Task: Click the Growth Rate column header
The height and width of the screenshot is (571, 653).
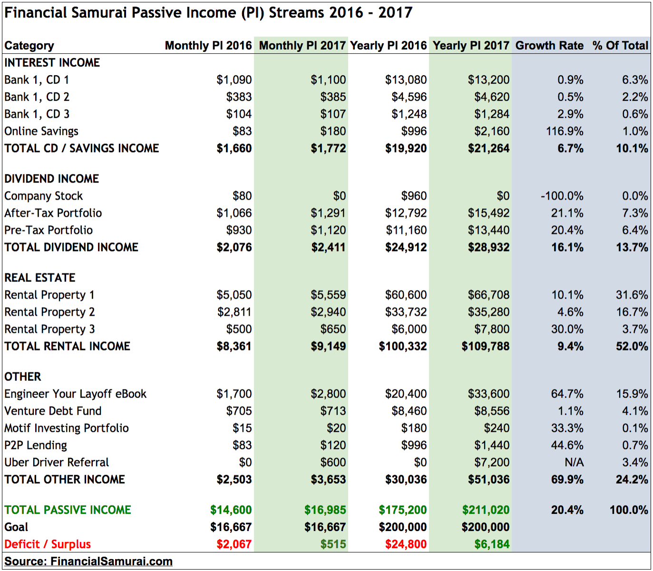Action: tap(549, 46)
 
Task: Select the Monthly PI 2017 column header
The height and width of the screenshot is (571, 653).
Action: tap(302, 46)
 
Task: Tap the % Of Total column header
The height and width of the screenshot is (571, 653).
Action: tap(620, 46)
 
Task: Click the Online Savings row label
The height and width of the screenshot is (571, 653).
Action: tap(41, 131)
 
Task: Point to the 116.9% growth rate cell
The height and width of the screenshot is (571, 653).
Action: tap(565, 131)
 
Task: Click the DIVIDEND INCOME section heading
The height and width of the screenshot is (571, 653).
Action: tap(52, 179)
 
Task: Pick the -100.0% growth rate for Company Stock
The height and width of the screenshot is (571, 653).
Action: tap(562, 196)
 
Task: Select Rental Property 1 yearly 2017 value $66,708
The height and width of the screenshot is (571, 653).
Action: tap(488, 295)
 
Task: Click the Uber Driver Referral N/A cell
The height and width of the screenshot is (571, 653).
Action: tap(574, 462)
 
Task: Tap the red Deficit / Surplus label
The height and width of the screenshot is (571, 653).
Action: tap(48, 544)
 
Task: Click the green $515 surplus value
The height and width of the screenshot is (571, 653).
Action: tap(333, 544)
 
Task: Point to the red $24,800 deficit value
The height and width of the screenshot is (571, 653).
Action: tap(406, 544)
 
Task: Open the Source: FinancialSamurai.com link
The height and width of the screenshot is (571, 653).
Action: tap(88, 561)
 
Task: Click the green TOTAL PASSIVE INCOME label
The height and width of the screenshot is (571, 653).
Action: tap(68, 510)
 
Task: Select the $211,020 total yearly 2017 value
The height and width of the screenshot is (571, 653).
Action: tap(486, 510)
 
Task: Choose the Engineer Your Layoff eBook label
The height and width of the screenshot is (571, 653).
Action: tap(75, 394)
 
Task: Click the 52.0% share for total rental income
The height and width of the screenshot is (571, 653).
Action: tap(632, 346)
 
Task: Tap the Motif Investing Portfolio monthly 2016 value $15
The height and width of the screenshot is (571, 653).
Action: tap(242, 428)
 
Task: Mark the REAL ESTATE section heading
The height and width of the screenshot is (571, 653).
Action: tap(40, 278)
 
